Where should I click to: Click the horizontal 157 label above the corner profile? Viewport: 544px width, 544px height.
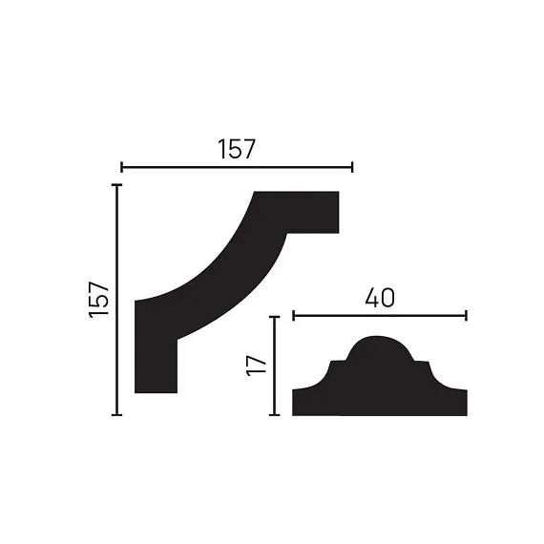point(237,149)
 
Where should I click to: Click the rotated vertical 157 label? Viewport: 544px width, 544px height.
point(99,300)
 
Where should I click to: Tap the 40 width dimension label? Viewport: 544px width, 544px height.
point(380,298)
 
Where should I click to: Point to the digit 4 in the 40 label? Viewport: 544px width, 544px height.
point(372,298)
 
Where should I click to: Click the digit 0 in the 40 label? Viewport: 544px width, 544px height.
point(388,298)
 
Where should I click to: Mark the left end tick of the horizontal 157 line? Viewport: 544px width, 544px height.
point(121,167)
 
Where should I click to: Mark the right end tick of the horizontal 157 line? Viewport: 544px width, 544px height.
point(352,167)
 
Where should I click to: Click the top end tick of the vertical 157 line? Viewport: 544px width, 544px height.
point(117,185)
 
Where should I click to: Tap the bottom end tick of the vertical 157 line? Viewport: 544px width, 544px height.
point(117,414)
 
